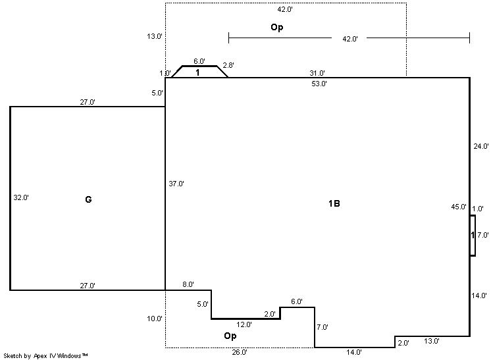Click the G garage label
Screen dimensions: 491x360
click(x=88, y=199)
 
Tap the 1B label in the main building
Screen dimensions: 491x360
click(x=334, y=203)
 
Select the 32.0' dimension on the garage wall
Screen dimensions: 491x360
click(x=21, y=197)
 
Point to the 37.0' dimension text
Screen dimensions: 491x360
click(x=176, y=184)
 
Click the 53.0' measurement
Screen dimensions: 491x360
click(x=319, y=84)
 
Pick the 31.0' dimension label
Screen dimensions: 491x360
click(x=317, y=73)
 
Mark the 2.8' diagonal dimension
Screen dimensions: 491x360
click(x=228, y=65)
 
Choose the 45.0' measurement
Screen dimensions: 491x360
click(x=459, y=207)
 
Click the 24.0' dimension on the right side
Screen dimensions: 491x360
click(x=481, y=146)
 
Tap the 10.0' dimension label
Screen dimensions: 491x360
click(x=155, y=319)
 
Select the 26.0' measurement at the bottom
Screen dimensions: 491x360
click(x=240, y=352)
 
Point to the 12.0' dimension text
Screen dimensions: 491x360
click(x=244, y=324)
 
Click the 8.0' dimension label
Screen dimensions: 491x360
click(x=188, y=284)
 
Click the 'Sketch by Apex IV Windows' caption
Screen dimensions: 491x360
click(x=45, y=356)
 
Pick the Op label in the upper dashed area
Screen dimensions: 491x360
click(x=277, y=28)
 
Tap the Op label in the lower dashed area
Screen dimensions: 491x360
click(x=230, y=336)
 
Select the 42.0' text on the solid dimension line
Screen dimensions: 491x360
click(x=349, y=39)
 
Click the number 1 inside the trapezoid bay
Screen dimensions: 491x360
click(x=197, y=72)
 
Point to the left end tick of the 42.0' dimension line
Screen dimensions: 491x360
click(x=229, y=38)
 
